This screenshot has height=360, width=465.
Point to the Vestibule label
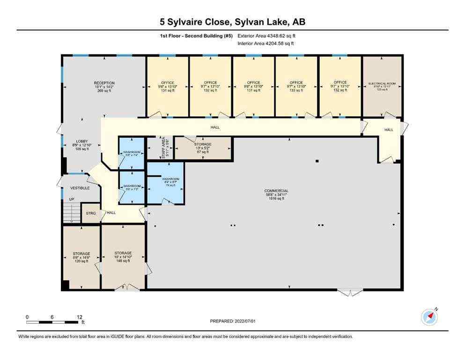[80, 188]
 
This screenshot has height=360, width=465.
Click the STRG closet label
[90, 213]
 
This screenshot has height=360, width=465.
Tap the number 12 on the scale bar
[79, 317]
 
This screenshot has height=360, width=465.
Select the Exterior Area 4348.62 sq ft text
[266, 36]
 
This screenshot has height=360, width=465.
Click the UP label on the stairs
[72, 199]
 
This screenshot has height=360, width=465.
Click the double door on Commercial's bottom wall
[350, 292]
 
